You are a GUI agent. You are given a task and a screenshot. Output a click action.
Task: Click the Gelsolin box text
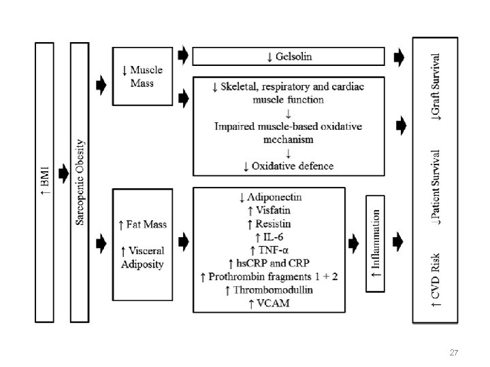[x=289, y=56]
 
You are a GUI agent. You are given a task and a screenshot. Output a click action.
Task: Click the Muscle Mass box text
[x=142, y=76]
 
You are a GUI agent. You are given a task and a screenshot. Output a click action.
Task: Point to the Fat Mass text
[x=142, y=224]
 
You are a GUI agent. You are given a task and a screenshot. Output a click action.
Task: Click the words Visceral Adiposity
[x=142, y=258]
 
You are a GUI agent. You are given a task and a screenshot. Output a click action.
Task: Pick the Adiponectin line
[x=270, y=197]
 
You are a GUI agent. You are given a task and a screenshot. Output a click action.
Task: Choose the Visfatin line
[x=270, y=210]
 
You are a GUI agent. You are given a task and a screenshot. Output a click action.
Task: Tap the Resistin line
[x=270, y=223]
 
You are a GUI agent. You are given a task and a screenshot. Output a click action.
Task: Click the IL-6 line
[x=270, y=237]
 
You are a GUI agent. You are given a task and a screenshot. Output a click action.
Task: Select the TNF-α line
[x=270, y=249]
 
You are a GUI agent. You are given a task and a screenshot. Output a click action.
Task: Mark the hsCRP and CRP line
[x=270, y=263]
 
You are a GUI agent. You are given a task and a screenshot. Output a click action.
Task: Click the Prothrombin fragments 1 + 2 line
[x=270, y=277]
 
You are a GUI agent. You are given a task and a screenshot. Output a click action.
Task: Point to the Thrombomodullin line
[x=270, y=290]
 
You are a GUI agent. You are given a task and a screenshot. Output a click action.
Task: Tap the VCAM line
[x=270, y=303]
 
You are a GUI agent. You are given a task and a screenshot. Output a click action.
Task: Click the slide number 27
[x=453, y=353]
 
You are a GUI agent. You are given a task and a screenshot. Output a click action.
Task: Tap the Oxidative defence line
[x=289, y=166]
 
